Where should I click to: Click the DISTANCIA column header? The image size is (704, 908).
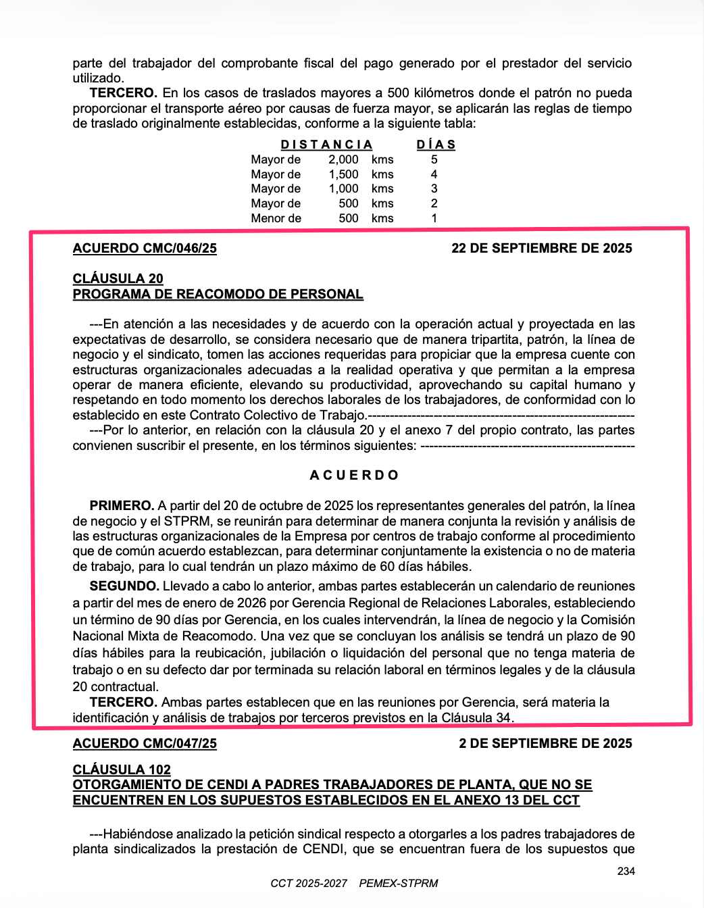tap(326, 145)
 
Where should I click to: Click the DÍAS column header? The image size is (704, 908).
tap(436, 145)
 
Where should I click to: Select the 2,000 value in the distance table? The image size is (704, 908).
tap(343, 159)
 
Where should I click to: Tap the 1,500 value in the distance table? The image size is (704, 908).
tap(343, 174)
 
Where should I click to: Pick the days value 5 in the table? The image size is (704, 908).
tap(434, 159)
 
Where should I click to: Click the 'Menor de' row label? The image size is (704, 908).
tap(276, 218)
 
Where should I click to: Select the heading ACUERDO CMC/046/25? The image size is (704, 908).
tap(145, 248)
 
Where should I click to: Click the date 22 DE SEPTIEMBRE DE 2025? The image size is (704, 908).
tap(541, 248)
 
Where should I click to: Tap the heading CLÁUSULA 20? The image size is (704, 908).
tap(118, 278)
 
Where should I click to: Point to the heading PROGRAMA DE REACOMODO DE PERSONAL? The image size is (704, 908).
tap(218, 294)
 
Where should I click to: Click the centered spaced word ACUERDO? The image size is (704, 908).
tap(354, 475)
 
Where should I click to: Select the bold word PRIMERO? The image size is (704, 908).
tap(122, 505)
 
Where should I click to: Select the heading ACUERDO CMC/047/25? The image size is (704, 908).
tap(145, 743)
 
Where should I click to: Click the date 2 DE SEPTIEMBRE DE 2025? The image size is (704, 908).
tap(545, 743)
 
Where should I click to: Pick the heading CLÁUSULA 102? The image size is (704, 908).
tap(122, 770)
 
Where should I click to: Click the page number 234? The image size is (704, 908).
tap(626, 871)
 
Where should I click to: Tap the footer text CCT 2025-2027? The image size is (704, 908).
tap(309, 883)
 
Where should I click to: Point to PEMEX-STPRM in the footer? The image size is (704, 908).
tap(399, 883)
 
